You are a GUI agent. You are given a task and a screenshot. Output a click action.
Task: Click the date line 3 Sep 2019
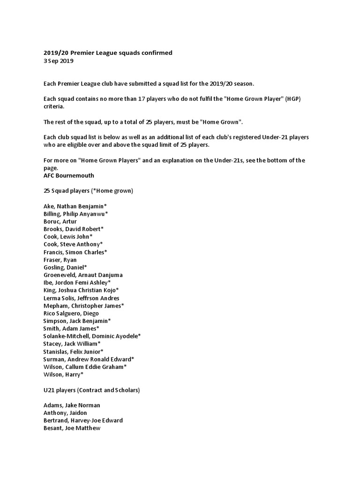pyautogui.click(x=58, y=61)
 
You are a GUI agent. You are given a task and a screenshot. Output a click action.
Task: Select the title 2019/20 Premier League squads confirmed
pyautogui.click(x=108, y=53)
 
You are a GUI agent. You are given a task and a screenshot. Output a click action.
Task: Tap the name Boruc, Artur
pyautogui.click(x=60, y=221)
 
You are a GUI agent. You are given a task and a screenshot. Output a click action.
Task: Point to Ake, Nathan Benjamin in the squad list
pyautogui.click(x=76, y=206)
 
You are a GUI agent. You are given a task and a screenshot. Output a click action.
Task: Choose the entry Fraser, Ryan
pyautogui.click(x=60, y=260)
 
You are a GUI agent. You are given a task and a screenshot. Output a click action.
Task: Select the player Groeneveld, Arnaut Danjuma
pyautogui.click(x=83, y=275)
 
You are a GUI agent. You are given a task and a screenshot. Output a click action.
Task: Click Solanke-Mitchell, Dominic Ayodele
pyautogui.click(x=92, y=336)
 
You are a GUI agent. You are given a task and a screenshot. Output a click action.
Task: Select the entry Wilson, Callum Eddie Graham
pyautogui.click(x=85, y=367)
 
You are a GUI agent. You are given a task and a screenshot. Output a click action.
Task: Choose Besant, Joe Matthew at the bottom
pyautogui.click(x=72, y=428)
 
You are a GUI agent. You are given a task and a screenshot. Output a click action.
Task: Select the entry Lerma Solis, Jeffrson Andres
pyautogui.click(x=82, y=298)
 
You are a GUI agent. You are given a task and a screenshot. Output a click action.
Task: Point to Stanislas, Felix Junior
pyautogui.click(x=74, y=351)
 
